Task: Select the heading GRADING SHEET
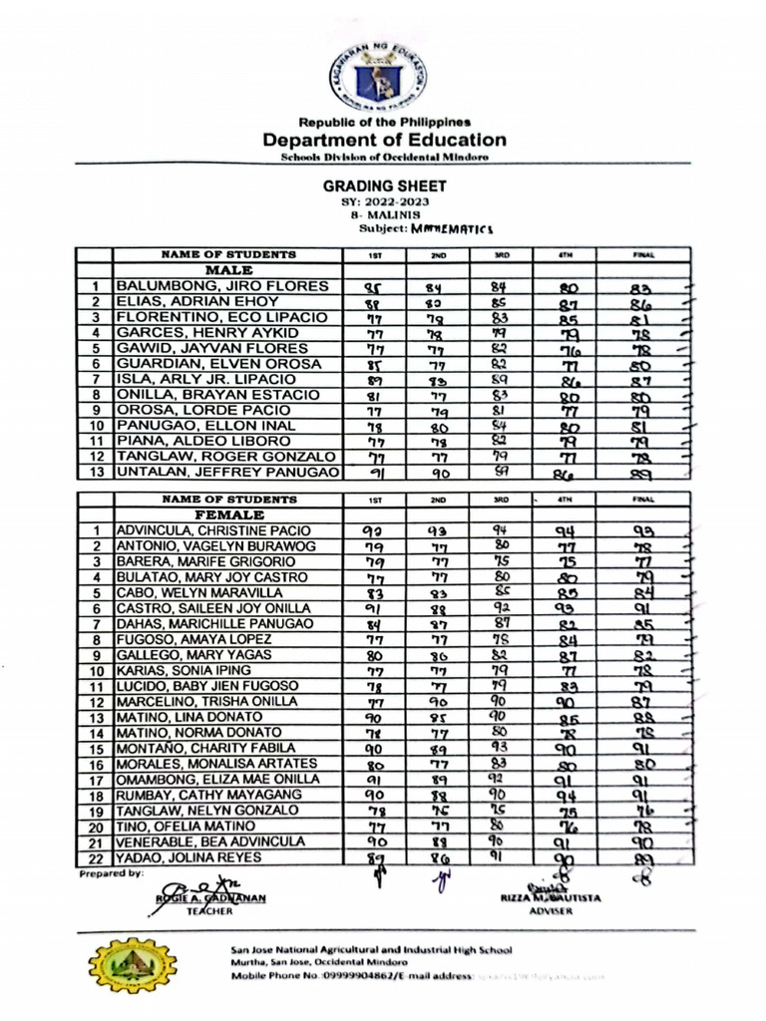click(x=384, y=185)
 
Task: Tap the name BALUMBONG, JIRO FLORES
click(x=222, y=287)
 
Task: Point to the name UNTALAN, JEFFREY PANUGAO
click(x=228, y=473)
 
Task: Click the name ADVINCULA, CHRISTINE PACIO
click(x=213, y=530)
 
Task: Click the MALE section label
click(x=227, y=270)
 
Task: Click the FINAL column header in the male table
click(x=642, y=254)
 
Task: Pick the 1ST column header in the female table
click(x=375, y=499)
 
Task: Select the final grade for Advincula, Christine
click(x=642, y=531)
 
